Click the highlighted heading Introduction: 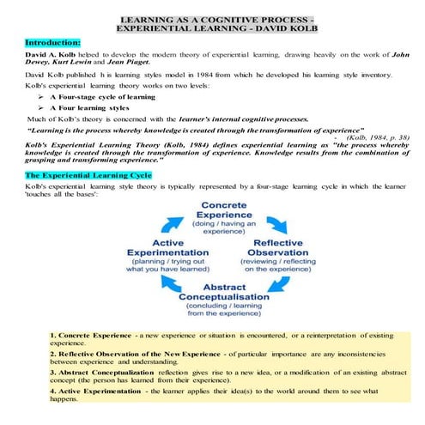click(x=52, y=40)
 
